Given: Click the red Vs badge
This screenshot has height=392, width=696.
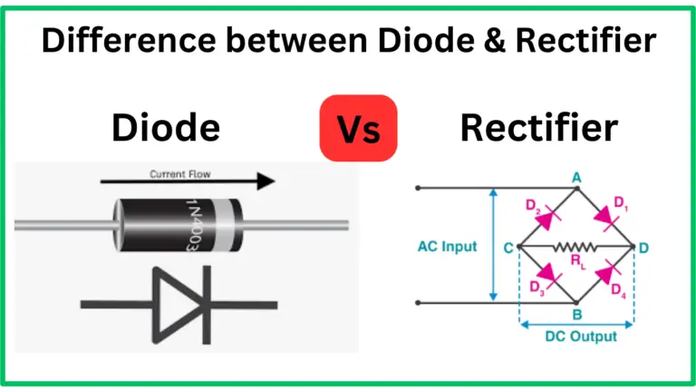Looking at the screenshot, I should pos(358,128).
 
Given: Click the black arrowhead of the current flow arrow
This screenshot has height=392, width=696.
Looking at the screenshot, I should pos(264,181).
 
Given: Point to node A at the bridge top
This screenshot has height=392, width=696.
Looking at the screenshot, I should pos(576,180).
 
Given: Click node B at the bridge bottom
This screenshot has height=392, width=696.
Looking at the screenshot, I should pos(576,316).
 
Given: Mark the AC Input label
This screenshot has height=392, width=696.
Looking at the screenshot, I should pos(448,247).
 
